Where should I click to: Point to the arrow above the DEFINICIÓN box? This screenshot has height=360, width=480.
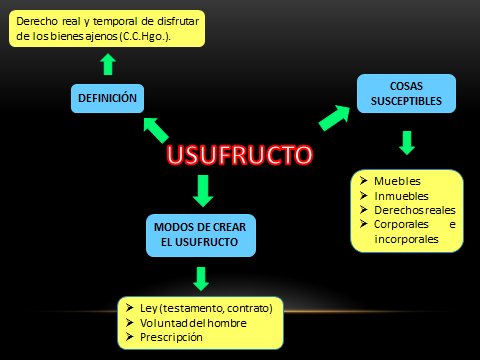(108, 65)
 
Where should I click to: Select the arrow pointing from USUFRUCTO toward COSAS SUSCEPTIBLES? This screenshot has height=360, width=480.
(337, 117)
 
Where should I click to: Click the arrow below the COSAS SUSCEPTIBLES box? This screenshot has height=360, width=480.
(405, 142)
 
